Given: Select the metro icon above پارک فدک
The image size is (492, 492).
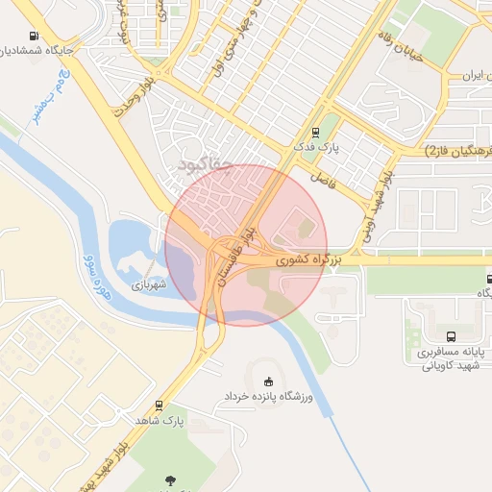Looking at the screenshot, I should pyautogui.click(x=314, y=134).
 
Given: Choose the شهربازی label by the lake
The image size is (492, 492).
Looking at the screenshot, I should pyautogui.click(x=149, y=284).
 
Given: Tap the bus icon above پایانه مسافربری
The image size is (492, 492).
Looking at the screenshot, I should pyautogui.click(x=452, y=336).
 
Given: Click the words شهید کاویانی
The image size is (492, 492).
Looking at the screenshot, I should pyautogui.click(x=455, y=367).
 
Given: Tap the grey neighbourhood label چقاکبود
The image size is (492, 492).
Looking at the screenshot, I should pyautogui.click(x=206, y=165).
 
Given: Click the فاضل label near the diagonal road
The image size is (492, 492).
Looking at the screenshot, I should pyautogui.click(x=320, y=179).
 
